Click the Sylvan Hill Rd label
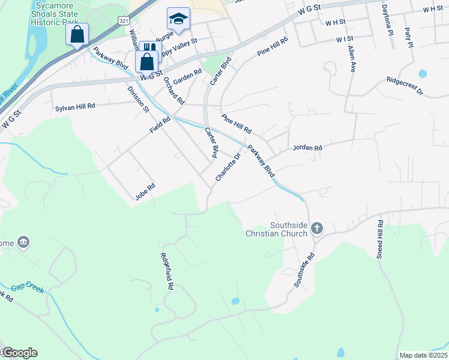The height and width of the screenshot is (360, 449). (75, 106)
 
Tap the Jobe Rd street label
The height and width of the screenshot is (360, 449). (145, 191)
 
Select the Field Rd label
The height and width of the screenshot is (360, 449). (160, 125)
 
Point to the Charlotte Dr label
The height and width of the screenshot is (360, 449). (228, 168)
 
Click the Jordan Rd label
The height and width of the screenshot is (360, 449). (307, 148)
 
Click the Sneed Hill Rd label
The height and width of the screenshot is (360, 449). (380, 239)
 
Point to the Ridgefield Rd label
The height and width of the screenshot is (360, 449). (167, 271)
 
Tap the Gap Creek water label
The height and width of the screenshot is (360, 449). (28, 288)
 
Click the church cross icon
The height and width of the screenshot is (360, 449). (317, 228)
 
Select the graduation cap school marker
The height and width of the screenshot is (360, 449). (178, 20)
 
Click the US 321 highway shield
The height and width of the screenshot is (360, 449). (123, 20)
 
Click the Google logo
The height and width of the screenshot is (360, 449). (19, 353)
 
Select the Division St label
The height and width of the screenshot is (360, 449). (138, 99)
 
